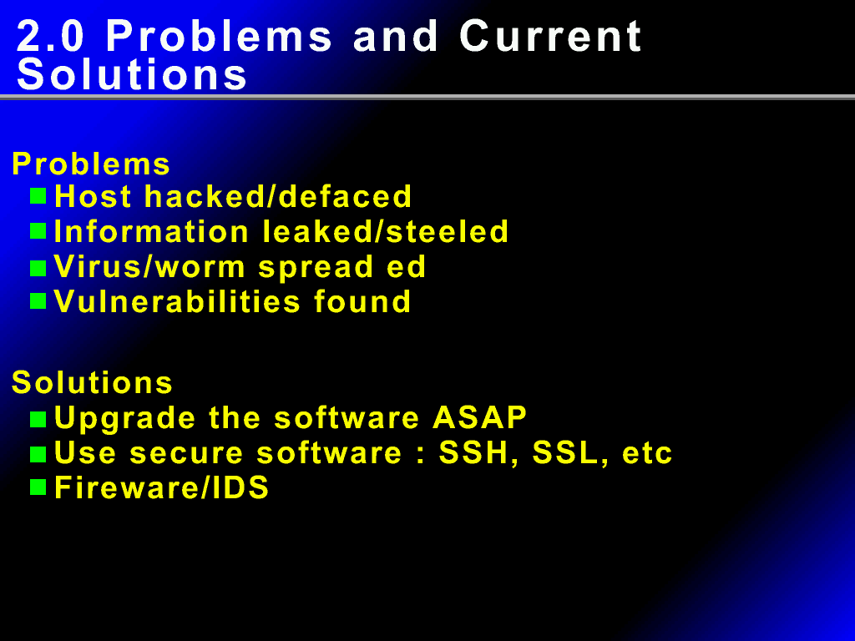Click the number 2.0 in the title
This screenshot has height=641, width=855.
[51, 37]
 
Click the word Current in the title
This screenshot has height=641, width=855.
[551, 37]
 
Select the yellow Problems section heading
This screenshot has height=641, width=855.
[91, 164]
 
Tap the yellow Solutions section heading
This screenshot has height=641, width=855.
[92, 382]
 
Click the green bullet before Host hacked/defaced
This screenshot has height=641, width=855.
[38, 195]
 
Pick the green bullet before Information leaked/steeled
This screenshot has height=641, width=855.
[38, 231]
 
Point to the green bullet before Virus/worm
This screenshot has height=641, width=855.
[38, 268]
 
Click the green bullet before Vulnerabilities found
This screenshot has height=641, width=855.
[38, 300]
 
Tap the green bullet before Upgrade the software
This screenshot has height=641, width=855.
[38, 419]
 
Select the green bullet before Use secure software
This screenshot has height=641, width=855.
[38, 454]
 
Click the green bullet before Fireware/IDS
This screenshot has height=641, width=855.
[38, 487]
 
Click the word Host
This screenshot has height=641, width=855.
[93, 196]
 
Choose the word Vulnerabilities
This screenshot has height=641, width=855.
[177, 301]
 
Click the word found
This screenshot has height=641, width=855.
[362, 301]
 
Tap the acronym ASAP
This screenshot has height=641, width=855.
[480, 417]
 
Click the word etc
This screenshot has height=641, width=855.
[647, 454]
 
